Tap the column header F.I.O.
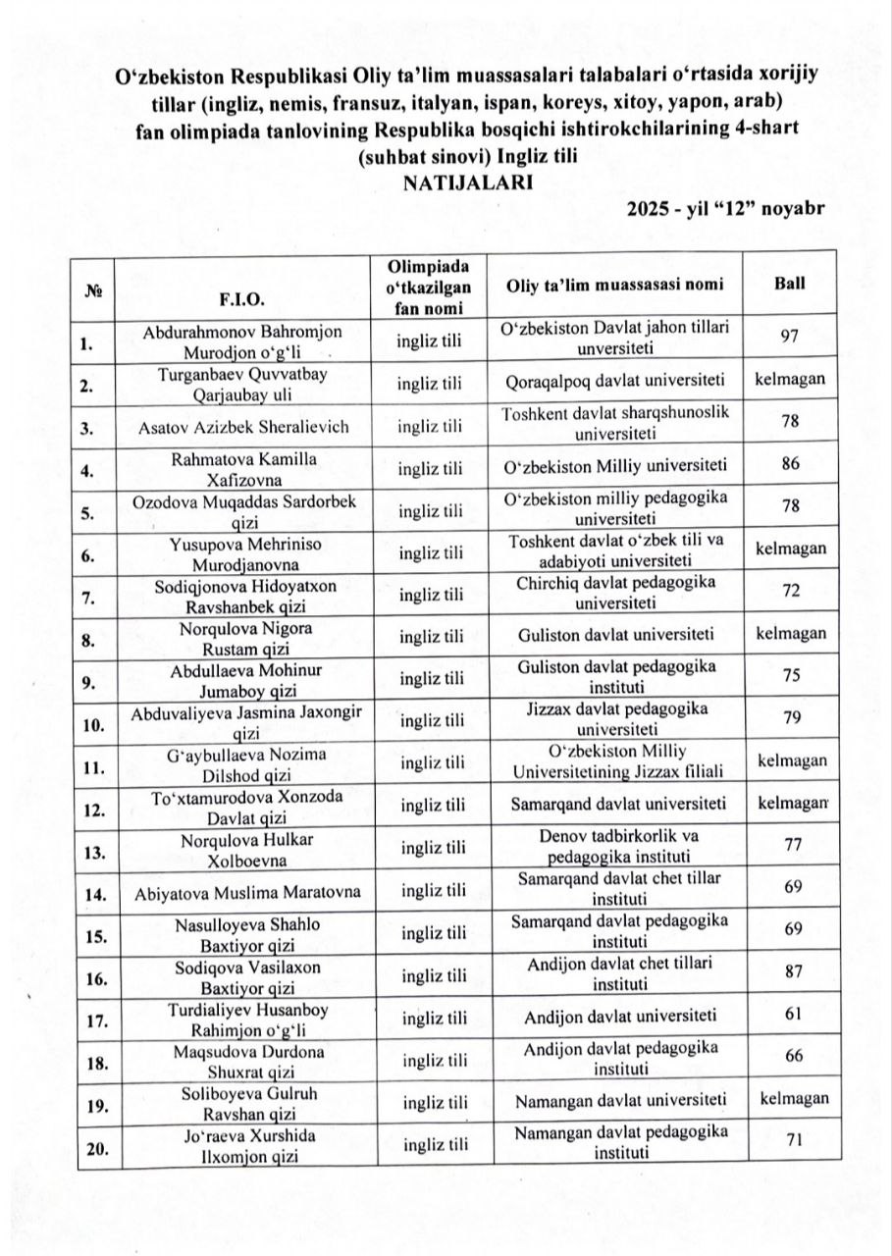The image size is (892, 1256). (245, 297)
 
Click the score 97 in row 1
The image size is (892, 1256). (790, 337)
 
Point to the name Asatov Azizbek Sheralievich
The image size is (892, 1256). (245, 425)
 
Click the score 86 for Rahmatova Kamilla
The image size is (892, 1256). (790, 464)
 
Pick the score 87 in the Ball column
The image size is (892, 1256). (790, 972)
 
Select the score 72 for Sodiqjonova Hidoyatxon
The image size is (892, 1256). (790, 592)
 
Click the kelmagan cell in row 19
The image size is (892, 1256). (794, 1098)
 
